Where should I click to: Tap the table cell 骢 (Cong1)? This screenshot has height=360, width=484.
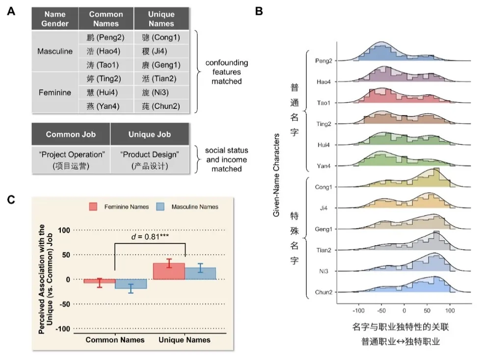(161, 38)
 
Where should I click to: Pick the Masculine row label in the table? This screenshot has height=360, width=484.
(55, 51)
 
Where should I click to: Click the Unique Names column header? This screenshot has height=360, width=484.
(161, 19)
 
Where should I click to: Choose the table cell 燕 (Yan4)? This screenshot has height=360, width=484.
(99, 106)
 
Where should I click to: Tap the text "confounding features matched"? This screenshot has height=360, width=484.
(226, 72)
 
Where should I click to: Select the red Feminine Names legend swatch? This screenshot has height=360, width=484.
(95, 207)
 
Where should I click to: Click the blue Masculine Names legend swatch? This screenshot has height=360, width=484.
(160, 207)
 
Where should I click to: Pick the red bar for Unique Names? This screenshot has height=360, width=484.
(169, 271)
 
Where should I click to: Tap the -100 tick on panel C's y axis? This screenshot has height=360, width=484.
(64, 328)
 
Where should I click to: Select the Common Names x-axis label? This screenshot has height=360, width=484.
(115, 340)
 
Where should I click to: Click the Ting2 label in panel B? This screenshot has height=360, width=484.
(323, 124)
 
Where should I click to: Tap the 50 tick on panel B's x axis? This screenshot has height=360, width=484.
(427, 310)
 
